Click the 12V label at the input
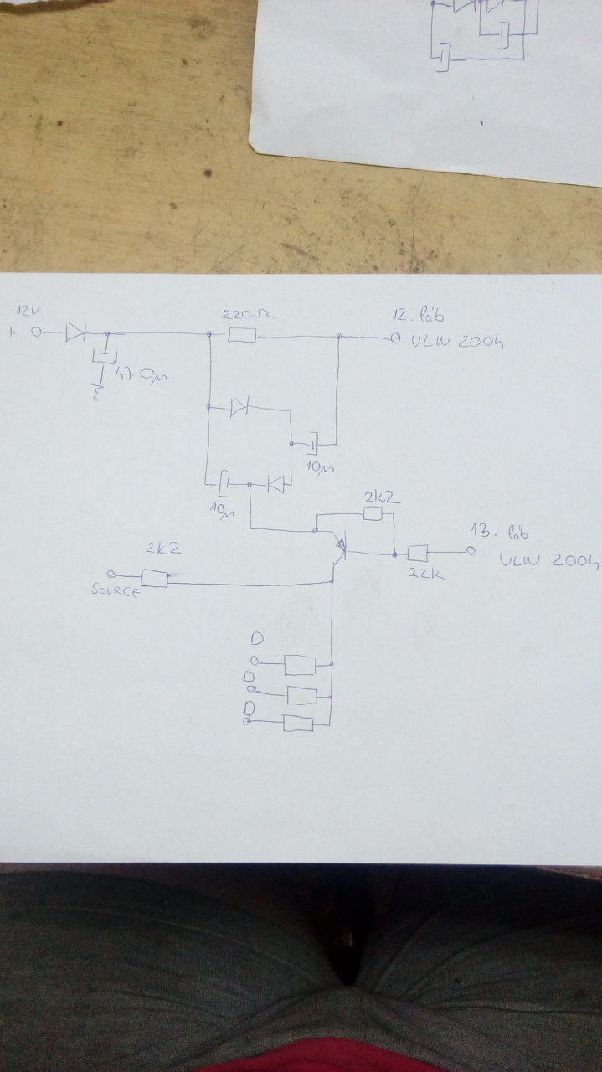28,312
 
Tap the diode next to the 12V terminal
75,332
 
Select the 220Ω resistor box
241,336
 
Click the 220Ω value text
248,316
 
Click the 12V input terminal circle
37,332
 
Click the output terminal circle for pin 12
394,339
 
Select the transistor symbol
339,546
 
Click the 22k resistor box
417,553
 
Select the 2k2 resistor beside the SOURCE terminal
154,578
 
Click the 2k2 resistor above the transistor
373,513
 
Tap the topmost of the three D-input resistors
299,665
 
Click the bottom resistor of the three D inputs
298,724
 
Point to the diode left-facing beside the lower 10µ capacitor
275,484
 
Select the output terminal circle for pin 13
471,551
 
